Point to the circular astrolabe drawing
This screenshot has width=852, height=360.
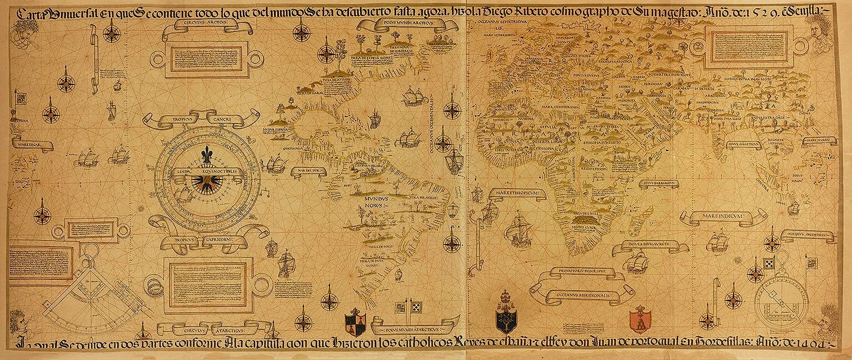[x=784, y=298]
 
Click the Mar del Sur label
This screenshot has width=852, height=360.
[x=310, y=170]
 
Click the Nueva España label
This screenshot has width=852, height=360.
[x=274, y=127]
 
